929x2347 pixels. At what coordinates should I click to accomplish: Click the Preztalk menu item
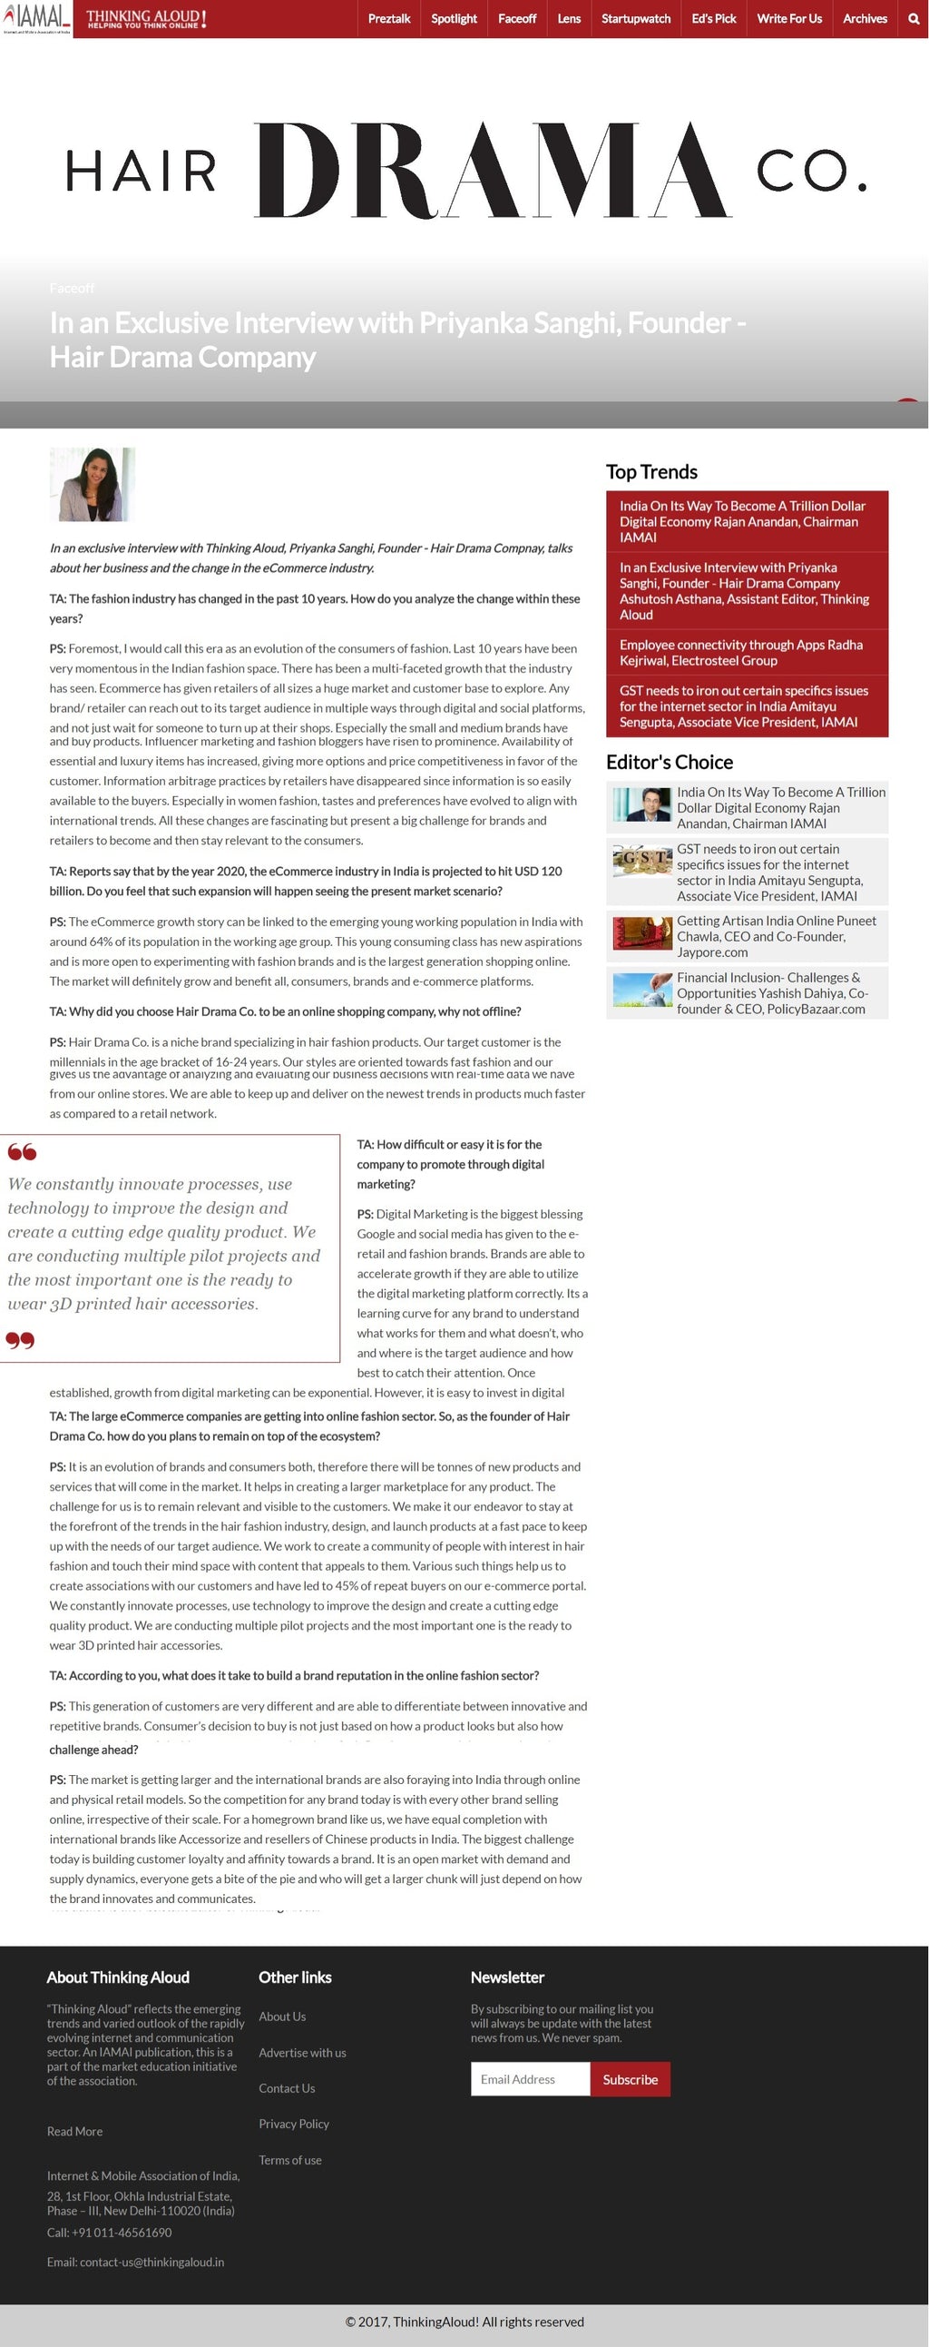pos(389,18)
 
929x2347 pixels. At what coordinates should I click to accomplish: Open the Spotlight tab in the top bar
pos(454,18)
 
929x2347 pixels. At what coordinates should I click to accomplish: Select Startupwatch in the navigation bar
pos(636,18)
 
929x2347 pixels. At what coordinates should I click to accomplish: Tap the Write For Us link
pos(788,18)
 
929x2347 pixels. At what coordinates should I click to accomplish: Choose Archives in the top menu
pos(865,18)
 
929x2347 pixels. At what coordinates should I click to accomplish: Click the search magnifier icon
pos(914,18)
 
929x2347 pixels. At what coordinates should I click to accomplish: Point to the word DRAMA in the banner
pos(492,171)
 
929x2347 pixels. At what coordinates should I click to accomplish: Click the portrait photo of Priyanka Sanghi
pos(92,484)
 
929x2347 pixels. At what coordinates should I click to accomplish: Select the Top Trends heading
pos(651,472)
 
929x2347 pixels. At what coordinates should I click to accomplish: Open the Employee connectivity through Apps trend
pos(740,653)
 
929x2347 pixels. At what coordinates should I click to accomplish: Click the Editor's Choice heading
pos(670,762)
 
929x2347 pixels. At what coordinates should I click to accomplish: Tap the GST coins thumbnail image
pos(642,862)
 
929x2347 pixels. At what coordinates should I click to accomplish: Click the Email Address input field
pos(530,2078)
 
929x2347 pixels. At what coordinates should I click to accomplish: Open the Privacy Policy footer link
pos(293,2124)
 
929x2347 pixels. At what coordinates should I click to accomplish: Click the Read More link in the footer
pos(74,2131)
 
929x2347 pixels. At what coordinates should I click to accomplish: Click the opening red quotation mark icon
pos(22,1151)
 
